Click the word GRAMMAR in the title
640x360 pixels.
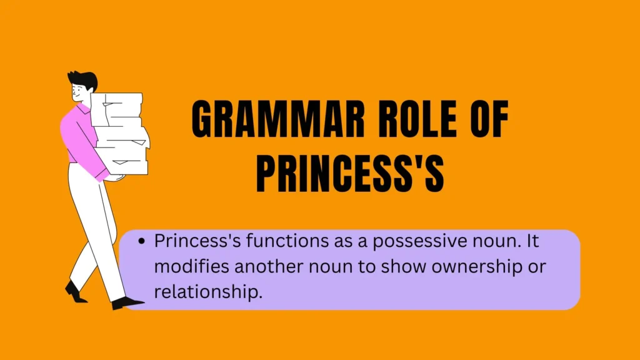tap(278, 119)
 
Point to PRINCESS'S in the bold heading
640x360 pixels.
tap(350, 174)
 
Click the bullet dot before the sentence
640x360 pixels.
tap(142, 241)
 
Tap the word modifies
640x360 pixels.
tap(191, 266)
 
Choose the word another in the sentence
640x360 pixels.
tap(269, 266)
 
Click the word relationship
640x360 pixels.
tap(208, 292)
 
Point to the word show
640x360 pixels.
tap(404, 266)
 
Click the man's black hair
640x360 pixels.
tap(84, 78)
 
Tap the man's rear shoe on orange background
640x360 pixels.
tap(75, 292)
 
